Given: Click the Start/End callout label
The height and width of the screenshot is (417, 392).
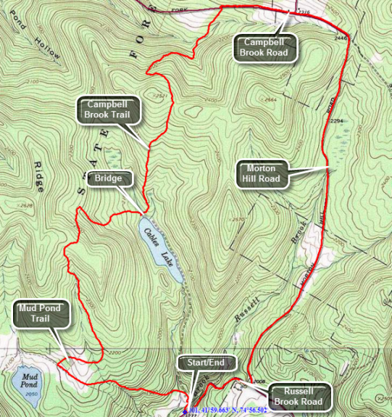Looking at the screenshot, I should pos(204,362).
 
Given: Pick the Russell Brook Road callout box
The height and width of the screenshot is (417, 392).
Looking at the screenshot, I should pos(297,396).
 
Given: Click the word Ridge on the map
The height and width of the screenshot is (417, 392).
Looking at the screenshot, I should pos(38,177).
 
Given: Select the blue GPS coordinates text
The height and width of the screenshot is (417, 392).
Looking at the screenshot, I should pos(225,410).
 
